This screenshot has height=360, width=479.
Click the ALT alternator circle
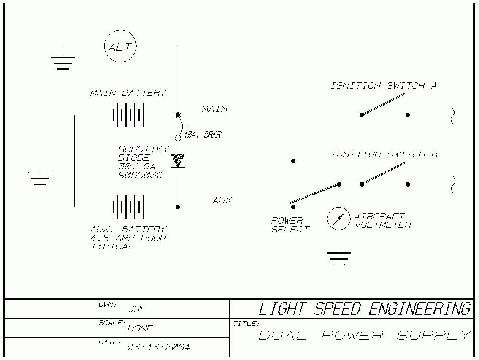click(x=120, y=47)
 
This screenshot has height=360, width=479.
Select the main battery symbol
click(x=128, y=115)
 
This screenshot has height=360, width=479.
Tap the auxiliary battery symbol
click(x=128, y=207)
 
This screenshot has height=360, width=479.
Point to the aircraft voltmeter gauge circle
click(x=339, y=219)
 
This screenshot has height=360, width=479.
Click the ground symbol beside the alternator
click(x=63, y=62)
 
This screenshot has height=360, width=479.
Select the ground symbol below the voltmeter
click(x=339, y=258)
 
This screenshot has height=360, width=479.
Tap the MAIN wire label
click(x=215, y=109)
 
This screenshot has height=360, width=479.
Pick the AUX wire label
click(x=222, y=200)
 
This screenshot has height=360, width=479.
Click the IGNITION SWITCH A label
click(x=383, y=86)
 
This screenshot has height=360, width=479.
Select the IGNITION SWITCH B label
click(x=384, y=155)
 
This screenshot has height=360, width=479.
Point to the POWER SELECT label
click(x=290, y=225)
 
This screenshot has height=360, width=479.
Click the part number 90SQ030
click(x=140, y=175)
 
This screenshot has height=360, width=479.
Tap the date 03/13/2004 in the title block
click(x=158, y=347)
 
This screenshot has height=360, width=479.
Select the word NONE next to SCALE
click(x=140, y=328)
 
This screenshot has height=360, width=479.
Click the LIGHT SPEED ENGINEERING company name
click(x=364, y=309)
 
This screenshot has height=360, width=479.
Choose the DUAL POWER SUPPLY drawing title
click(x=364, y=336)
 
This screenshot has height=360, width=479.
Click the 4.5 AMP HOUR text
click(x=128, y=238)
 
